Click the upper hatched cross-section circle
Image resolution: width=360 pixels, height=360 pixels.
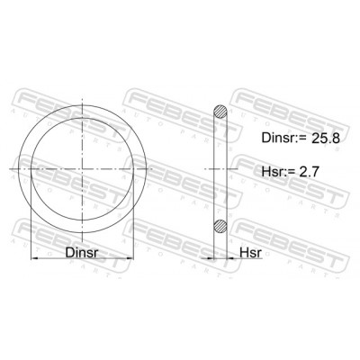tap(219, 112)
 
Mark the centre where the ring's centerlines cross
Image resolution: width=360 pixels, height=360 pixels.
tap(87, 167)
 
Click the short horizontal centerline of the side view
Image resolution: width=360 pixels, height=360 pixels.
tap(219, 167)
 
